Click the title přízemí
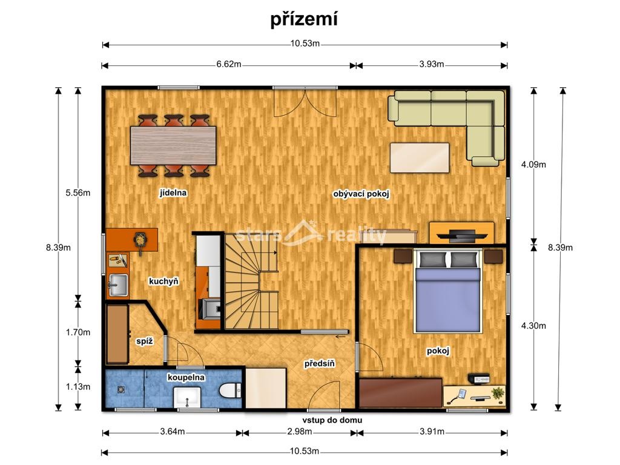pos(304,19)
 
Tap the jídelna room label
pos(173,193)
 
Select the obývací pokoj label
pos(361,194)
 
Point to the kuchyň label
pos(163,281)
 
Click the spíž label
pos(144,341)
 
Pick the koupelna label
pos(186,377)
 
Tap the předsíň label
pos(320,363)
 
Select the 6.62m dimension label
pos(229,65)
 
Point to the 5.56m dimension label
pos(78,193)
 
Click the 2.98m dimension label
pos(299,432)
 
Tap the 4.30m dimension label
pos(533,326)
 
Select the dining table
pos(174,145)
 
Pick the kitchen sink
pos(118,283)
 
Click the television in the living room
pos(461,233)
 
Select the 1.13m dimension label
pos(78,387)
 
